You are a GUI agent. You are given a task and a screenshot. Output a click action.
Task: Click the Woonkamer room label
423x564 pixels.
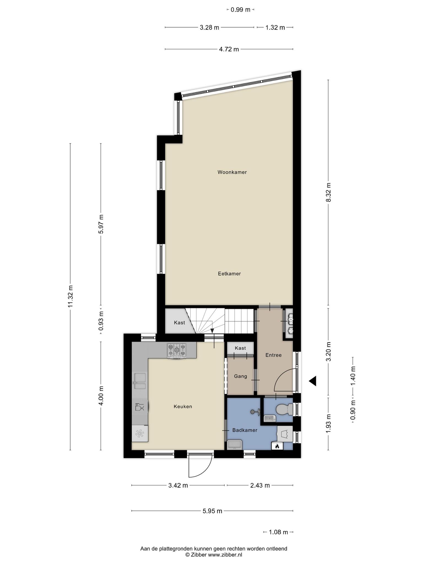[x=232, y=172]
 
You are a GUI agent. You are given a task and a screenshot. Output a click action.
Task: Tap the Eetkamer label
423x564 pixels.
[x=229, y=274]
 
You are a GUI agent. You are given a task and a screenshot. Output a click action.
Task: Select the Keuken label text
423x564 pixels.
[x=183, y=406]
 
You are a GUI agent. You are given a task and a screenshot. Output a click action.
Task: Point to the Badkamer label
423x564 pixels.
[x=245, y=430]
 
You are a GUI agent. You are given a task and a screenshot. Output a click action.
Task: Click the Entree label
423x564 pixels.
[x=273, y=355]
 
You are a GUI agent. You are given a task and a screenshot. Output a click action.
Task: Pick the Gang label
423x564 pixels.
[x=240, y=376]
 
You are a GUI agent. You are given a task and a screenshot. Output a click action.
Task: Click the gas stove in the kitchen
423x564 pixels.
[x=176, y=351]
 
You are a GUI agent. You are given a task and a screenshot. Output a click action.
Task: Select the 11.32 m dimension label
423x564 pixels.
[x=71, y=296]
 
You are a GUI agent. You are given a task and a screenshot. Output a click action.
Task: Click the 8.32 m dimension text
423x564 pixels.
[x=328, y=192]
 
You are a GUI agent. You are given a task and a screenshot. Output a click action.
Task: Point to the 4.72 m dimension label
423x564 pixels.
[x=229, y=49]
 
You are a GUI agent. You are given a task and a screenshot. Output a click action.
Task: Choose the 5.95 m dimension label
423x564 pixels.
[x=212, y=511]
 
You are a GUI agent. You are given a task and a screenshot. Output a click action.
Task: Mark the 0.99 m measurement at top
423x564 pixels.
[x=240, y=10]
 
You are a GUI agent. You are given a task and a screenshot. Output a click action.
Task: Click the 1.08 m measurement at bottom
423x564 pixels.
[x=278, y=532]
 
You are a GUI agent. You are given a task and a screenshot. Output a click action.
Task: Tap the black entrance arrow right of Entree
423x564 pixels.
[x=312, y=381]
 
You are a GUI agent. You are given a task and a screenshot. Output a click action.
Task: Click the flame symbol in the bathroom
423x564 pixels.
[x=277, y=445]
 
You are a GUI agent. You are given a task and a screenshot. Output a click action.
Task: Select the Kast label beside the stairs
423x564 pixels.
[x=180, y=322]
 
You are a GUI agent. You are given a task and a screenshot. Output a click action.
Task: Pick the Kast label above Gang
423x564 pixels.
[x=240, y=348]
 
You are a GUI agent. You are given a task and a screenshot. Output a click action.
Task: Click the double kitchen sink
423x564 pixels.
[x=140, y=381]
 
